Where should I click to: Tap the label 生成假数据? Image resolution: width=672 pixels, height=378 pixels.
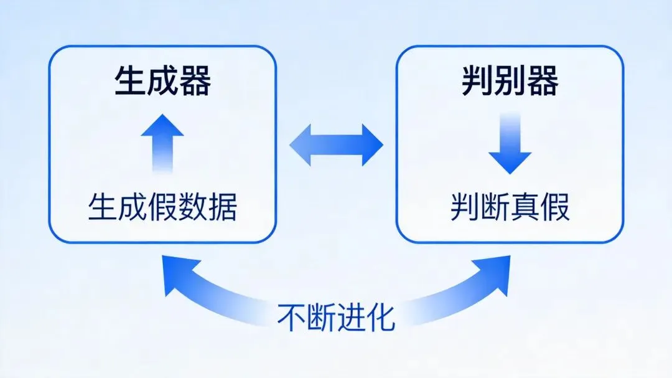point(162,207)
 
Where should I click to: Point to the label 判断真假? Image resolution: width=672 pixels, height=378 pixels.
point(510,207)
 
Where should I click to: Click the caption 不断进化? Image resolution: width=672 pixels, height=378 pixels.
point(336,318)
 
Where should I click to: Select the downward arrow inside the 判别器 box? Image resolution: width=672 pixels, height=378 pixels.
point(510,144)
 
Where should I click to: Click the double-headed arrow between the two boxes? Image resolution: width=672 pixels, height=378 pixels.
point(336,145)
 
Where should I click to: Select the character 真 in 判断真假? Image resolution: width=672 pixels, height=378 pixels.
point(525,207)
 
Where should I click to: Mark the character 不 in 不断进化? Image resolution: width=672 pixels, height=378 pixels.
point(291,318)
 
